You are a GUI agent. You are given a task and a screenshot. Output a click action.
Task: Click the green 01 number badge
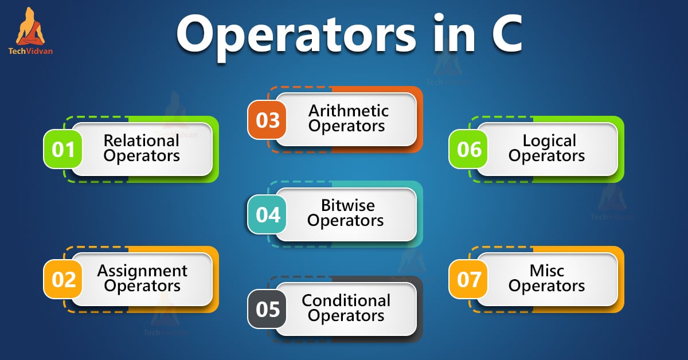[64, 150]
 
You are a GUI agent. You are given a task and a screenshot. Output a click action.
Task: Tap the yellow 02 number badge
[64, 279]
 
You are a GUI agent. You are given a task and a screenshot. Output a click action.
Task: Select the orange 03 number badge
[267, 120]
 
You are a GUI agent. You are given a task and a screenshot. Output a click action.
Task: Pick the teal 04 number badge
[267, 215]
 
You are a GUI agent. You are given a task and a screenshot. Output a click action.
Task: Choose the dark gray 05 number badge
[267, 310]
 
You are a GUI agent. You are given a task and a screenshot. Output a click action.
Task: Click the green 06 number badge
[469, 150]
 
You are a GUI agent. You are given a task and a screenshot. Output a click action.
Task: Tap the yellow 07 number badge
[469, 279]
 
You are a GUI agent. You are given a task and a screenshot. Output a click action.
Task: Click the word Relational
[141, 140]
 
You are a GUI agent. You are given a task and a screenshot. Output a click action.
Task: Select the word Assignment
[142, 271]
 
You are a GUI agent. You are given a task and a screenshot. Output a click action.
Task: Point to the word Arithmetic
[348, 111]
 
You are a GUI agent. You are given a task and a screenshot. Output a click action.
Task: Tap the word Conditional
[346, 300]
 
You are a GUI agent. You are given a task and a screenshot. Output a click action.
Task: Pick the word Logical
[549, 140]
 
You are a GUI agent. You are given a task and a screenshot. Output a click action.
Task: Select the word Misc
[547, 271]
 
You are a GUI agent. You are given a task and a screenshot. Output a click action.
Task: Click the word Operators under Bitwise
[346, 220]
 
